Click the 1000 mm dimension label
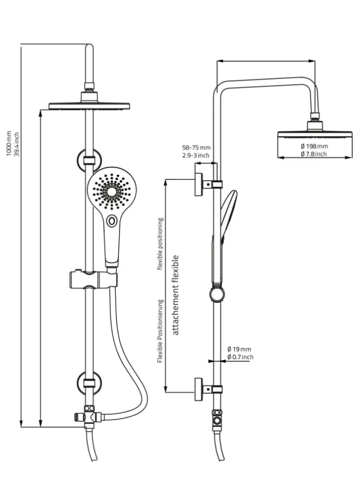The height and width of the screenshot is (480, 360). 9,142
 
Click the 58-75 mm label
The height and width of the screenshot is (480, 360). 196,148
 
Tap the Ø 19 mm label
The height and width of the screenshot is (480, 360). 239,349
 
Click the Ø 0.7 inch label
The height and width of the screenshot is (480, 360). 240,357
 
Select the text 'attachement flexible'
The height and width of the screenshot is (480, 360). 175,295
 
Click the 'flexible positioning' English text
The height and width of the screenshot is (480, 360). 161,244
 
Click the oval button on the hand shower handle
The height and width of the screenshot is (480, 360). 111,221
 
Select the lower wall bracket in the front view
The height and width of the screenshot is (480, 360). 89,382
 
